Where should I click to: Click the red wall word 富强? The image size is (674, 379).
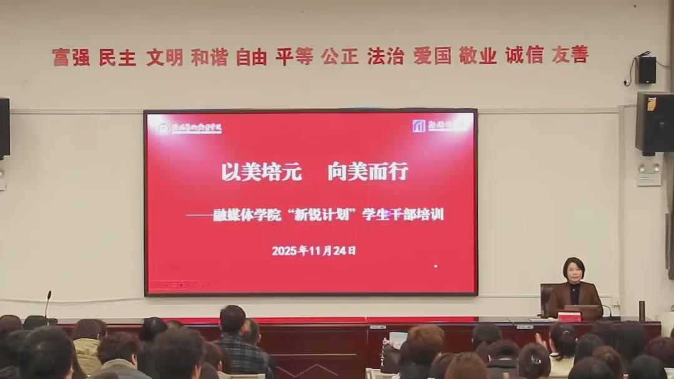(70, 57)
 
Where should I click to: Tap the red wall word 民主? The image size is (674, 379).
(117, 57)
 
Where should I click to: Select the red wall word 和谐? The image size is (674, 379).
(209, 57)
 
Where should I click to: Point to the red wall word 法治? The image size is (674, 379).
(386, 56)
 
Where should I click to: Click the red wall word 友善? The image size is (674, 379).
(570, 54)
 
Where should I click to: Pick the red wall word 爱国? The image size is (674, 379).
(432, 56)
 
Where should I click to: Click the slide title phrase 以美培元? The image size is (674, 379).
(261, 171)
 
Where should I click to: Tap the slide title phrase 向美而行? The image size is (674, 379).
(368, 171)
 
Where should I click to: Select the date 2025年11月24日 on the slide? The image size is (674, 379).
(314, 251)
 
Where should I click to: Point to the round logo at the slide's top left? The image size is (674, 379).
(164, 129)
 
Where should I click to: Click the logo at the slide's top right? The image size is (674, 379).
(419, 126)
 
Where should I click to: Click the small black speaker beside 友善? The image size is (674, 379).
(646, 69)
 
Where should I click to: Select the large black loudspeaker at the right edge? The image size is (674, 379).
(655, 122)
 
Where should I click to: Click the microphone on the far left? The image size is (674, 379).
(47, 304)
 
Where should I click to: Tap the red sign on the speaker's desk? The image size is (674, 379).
(569, 317)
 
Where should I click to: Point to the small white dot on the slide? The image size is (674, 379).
(436, 266)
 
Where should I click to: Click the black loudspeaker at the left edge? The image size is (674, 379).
(4, 127)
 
